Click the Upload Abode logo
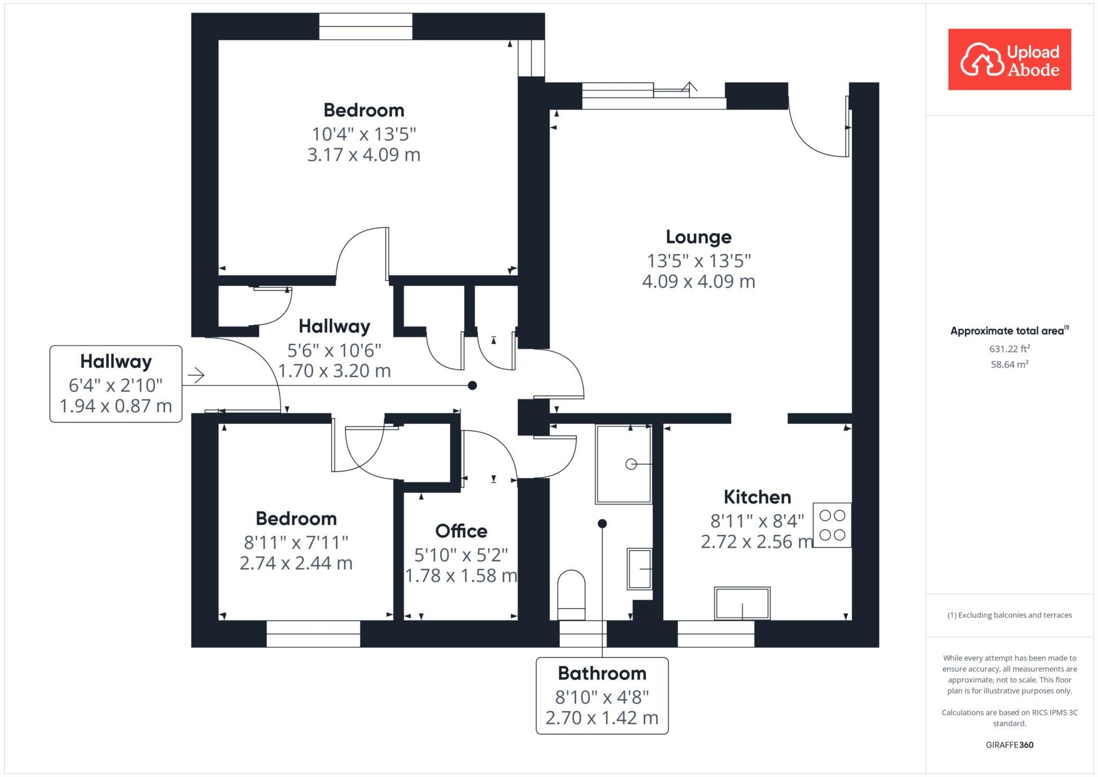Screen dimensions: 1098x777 point(1010,60)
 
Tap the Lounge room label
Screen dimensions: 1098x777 point(699,237)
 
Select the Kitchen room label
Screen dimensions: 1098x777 point(757,497)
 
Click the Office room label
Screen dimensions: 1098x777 point(461,531)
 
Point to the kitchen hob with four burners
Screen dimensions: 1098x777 point(832,525)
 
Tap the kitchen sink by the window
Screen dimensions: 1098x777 point(743,603)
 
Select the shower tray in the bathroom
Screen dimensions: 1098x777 point(624,464)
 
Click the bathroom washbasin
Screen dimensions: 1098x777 point(640,568)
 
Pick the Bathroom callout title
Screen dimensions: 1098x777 point(602,673)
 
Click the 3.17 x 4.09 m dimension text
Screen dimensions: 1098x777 point(363,155)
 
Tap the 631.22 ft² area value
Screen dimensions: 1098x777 point(1010,349)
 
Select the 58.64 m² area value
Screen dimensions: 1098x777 point(1010,364)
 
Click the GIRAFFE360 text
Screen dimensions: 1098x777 point(1010,745)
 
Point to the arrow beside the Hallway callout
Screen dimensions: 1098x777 point(196,375)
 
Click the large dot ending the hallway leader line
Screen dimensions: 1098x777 point(472,385)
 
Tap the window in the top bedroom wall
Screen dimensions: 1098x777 point(366,26)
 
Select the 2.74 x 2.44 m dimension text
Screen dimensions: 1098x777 point(296,564)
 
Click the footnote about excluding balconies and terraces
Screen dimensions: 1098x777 point(1010,615)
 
